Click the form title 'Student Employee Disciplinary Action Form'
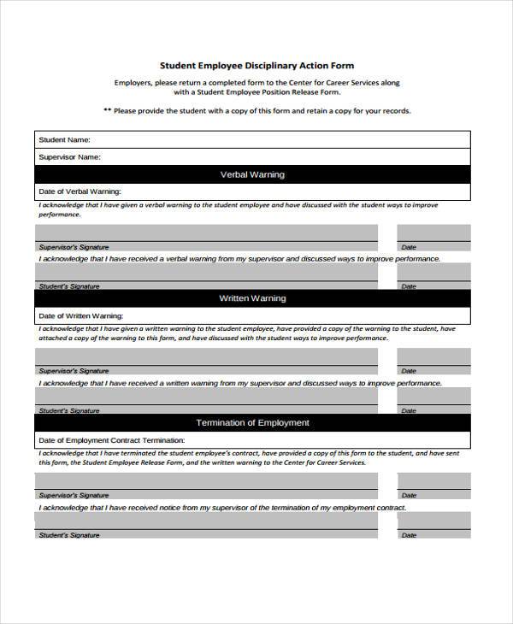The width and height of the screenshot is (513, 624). [x=256, y=65]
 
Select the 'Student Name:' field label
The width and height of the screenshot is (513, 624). [x=64, y=139]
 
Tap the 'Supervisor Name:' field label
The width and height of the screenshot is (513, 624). [x=69, y=157]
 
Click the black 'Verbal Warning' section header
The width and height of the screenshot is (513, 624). [x=252, y=174]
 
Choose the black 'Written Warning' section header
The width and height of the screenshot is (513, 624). [x=252, y=298]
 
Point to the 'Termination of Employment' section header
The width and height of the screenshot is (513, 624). [x=252, y=423]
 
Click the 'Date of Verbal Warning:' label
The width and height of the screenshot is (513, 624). [x=80, y=191]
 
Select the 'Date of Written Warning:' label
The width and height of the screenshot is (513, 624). [x=81, y=315]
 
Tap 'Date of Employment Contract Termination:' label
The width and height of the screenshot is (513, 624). [x=111, y=440]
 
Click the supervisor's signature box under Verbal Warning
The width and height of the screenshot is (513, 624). [x=206, y=233]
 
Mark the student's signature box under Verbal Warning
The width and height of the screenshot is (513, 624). [x=206, y=272]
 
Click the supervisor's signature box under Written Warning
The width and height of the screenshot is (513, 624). [x=206, y=357]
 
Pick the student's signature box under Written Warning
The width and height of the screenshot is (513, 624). [x=206, y=396]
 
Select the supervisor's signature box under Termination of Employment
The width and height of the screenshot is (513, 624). [x=206, y=481]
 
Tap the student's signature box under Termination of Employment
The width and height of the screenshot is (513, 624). [x=206, y=521]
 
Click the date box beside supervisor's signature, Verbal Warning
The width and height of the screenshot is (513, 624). [x=433, y=233]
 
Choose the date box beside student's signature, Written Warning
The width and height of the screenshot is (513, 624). [x=433, y=396]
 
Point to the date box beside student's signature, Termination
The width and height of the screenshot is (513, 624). [x=433, y=521]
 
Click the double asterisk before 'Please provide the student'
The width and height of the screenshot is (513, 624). [x=107, y=111]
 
